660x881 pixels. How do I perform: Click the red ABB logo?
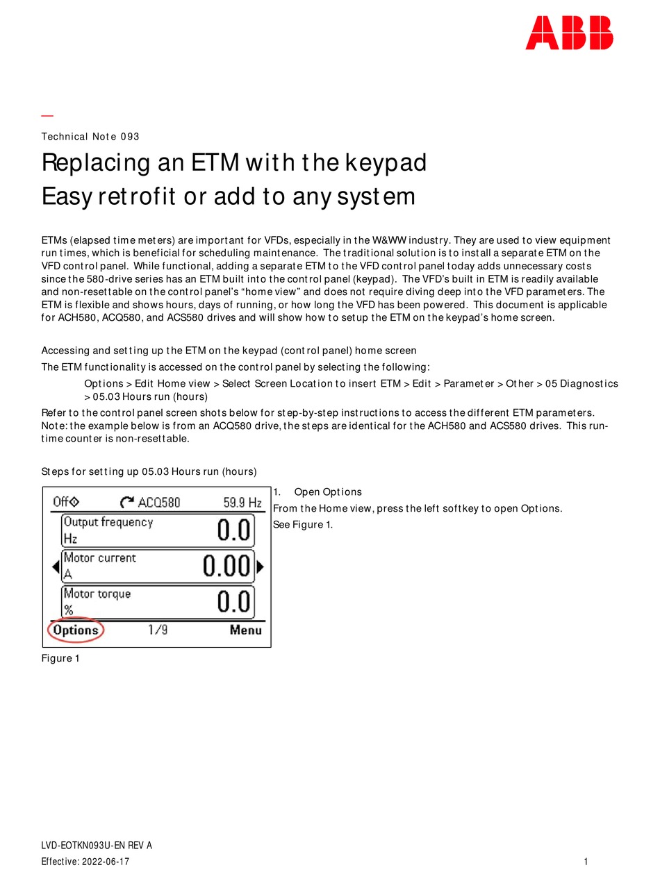569,33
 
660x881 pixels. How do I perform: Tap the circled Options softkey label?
76,630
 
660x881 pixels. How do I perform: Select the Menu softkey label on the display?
246,630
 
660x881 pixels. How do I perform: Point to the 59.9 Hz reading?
242,502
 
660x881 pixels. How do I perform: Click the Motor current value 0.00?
226,567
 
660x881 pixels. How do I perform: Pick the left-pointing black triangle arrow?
56,567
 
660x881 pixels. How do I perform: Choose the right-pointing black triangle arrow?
260,567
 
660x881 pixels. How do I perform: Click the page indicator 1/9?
158,630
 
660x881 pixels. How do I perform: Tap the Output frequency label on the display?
108,522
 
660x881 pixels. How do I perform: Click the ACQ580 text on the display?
159,502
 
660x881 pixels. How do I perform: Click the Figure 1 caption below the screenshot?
60,658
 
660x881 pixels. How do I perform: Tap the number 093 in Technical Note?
130,137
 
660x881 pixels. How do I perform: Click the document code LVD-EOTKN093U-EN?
83,846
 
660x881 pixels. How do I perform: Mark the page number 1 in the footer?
586,862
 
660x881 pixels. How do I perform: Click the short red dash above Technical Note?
47,115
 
